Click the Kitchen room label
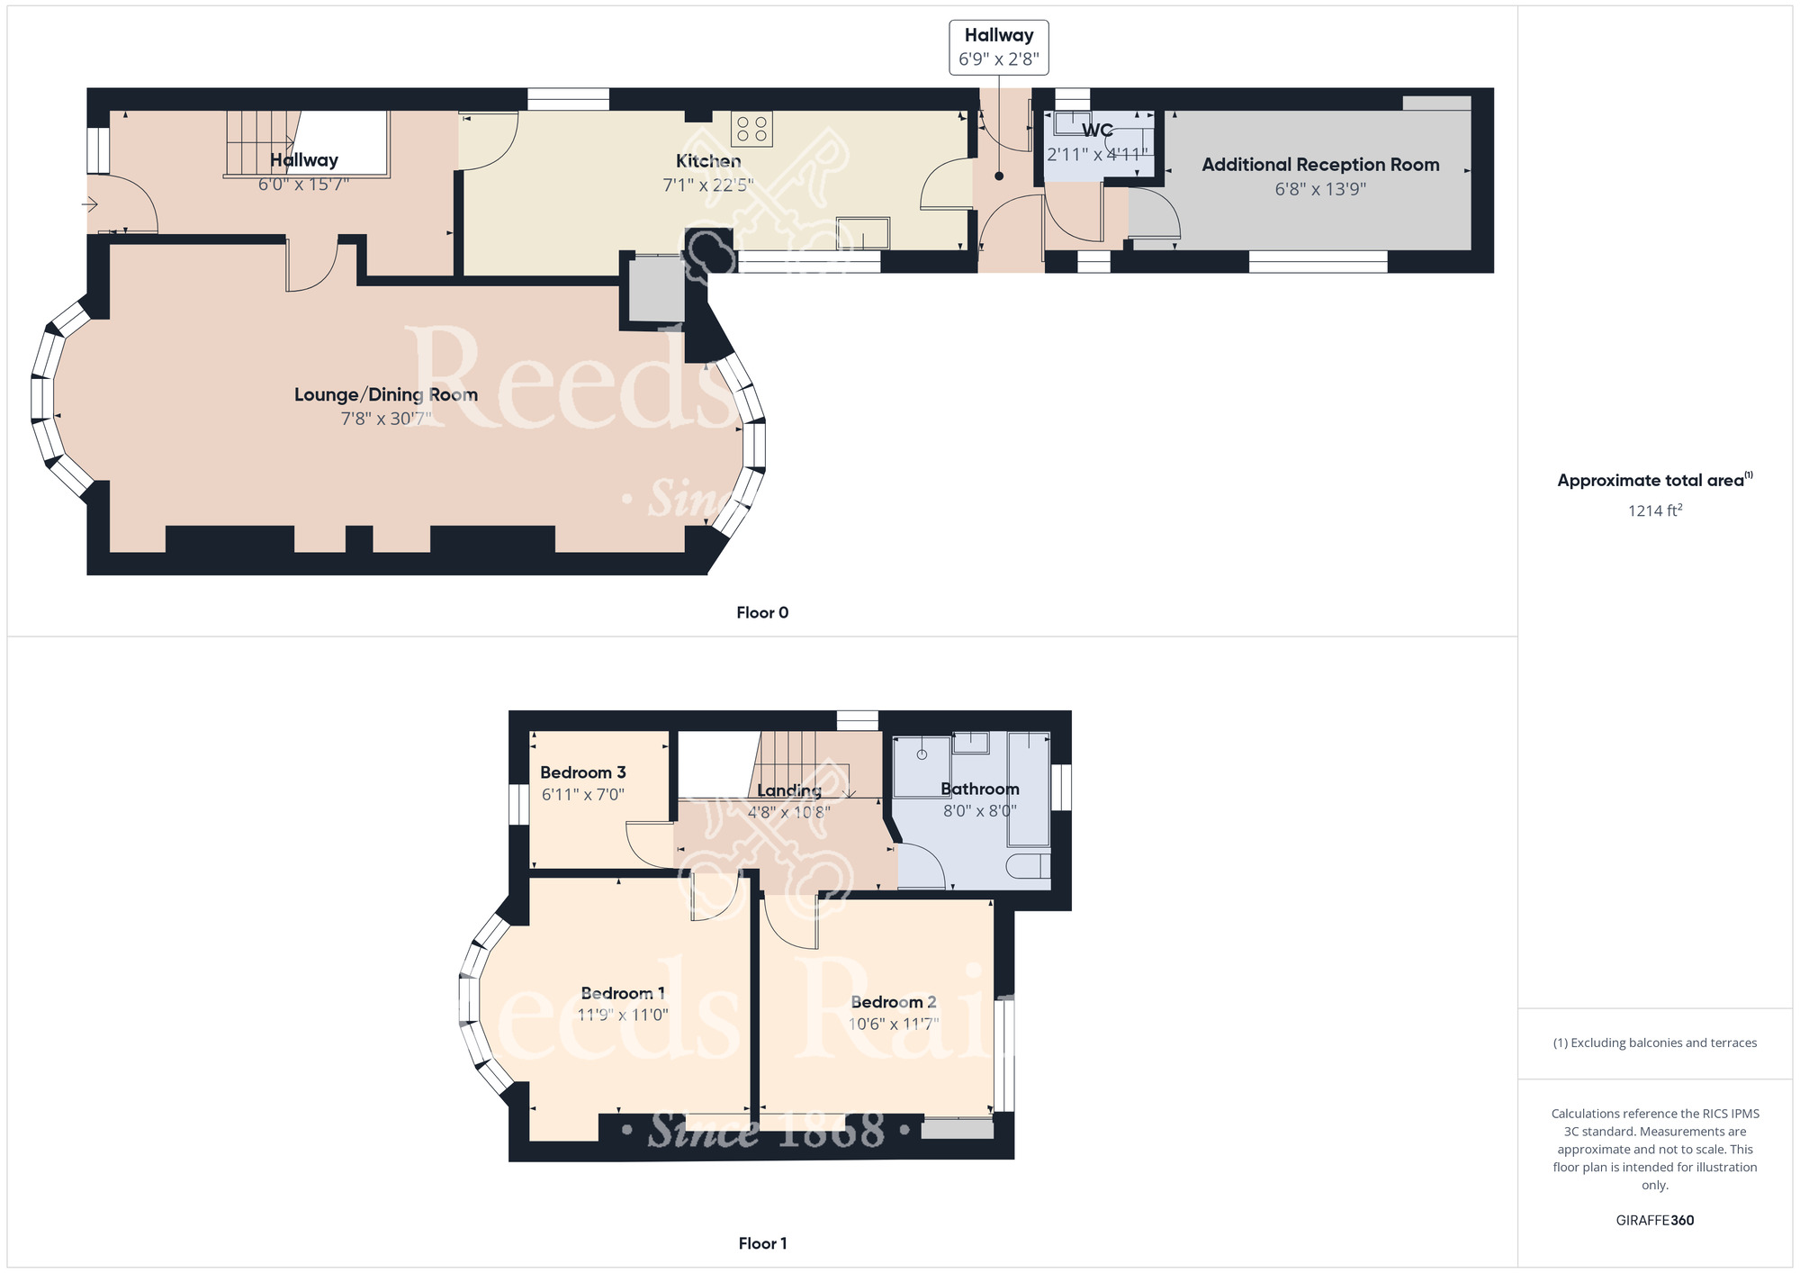(x=708, y=161)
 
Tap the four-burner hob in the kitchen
(x=751, y=129)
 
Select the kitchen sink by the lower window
(x=862, y=233)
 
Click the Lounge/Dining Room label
(x=386, y=394)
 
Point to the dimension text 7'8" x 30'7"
(x=386, y=419)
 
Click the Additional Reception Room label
(x=1320, y=165)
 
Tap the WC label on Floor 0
(x=1097, y=131)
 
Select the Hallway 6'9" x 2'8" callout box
(x=999, y=47)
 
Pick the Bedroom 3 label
(x=583, y=772)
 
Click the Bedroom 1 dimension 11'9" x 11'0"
(x=623, y=1015)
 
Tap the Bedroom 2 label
(x=894, y=1002)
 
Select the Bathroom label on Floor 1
(x=980, y=789)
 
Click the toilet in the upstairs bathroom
(x=1028, y=866)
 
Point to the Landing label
(x=789, y=790)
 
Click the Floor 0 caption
(x=762, y=613)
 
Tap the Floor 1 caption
(x=762, y=1243)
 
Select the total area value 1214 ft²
(x=1655, y=510)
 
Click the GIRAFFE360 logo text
(x=1655, y=1221)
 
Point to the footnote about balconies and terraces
(x=1655, y=1043)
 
